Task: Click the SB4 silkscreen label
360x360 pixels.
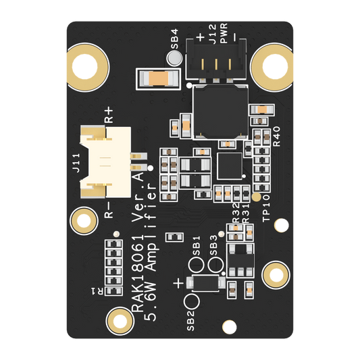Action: (x=175, y=38)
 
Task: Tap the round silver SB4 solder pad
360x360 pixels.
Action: (x=174, y=57)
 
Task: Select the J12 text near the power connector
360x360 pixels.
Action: (x=212, y=34)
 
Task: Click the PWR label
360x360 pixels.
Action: (x=224, y=33)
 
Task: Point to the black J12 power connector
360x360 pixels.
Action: (x=216, y=60)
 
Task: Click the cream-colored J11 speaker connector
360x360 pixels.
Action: (x=106, y=162)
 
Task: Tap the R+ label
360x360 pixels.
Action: (x=109, y=115)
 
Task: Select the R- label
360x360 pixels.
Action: (x=109, y=210)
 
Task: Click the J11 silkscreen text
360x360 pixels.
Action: (x=76, y=163)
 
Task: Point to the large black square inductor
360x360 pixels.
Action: (x=220, y=112)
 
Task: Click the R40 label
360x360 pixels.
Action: (x=277, y=136)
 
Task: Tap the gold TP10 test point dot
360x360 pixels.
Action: (x=257, y=197)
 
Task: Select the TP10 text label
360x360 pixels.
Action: (x=266, y=208)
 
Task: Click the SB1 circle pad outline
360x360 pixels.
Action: (x=196, y=265)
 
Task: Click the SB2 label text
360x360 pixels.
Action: (x=190, y=321)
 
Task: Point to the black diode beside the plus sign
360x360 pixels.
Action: (x=205, y=283)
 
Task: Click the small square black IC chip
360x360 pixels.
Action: (x=230, y=166)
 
